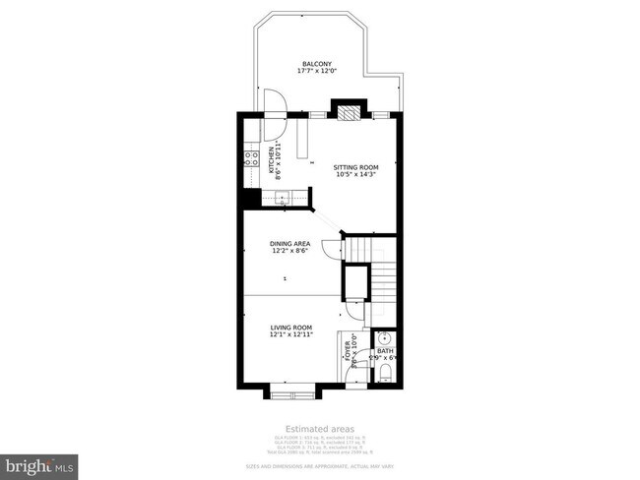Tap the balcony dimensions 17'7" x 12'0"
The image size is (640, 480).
pos(317,72)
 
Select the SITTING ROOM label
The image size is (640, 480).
pos(356,167)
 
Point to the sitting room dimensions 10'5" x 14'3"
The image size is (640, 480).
pos(356,175)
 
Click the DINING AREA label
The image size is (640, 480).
pos(290,243)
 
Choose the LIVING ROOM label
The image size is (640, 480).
pos(291,328)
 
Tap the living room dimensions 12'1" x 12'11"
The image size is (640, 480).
pos(291,335)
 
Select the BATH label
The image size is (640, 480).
pos(385,350)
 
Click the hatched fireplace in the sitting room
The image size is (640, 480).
pos(346,111)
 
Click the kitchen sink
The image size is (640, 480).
pos(283,199)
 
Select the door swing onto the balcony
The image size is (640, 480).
pos(275,101)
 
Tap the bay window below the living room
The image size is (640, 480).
pos(292,394)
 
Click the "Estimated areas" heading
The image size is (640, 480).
pos(320,429)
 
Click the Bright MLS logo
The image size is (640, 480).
pos(39,462)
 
